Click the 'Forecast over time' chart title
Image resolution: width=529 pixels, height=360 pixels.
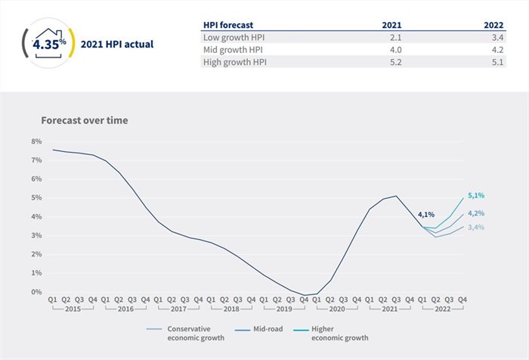[x=85, y=120]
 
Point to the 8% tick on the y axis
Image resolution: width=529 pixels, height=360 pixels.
[x=36, y=141]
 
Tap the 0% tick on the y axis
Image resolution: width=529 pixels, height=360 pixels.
[x=36, y=292]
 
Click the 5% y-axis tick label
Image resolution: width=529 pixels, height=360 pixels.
[x=36, y=198]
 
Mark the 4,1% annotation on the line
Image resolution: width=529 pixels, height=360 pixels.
[x=425, y=214]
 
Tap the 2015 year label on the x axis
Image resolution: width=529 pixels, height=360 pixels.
[x=73, y=310]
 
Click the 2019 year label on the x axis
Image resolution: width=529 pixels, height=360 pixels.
[x=284, y=310]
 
